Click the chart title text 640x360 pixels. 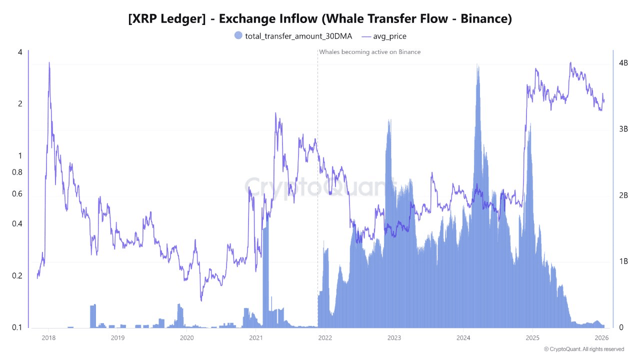(x=320, y=19)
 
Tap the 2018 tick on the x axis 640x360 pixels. (x=48, y=337)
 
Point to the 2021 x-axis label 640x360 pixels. (x=255, y=337)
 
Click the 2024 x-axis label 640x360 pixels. (x=463, y=337)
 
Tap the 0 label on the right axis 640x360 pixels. (x=621, y=327)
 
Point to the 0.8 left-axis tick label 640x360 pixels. (x=17, y=172)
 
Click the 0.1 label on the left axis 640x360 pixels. (x=17, y=327)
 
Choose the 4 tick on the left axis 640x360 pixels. (x=20, y=52)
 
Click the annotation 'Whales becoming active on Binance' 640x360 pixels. (x=370, y=52)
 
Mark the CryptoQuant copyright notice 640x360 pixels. (x=584, y=349)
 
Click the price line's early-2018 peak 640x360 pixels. (x=49, y=63)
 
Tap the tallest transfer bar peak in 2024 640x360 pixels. (x=478, y=65)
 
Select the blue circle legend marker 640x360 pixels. (x=238, y=35)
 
